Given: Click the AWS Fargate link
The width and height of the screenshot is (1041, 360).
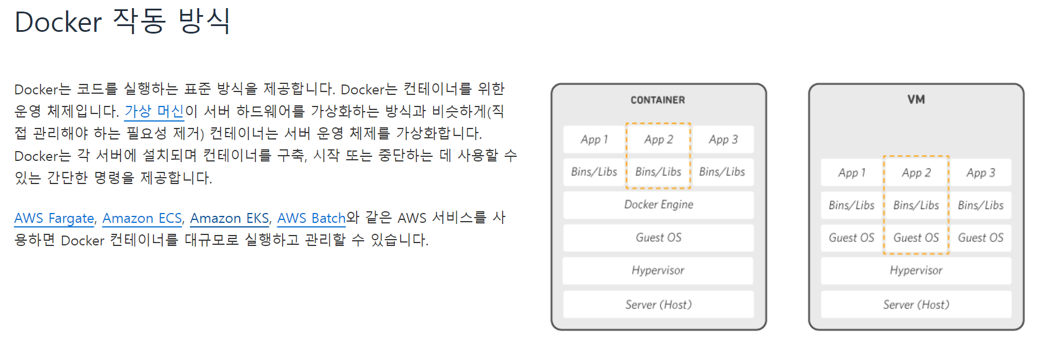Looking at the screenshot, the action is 54,218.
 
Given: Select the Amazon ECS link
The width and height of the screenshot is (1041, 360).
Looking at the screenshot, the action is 142,218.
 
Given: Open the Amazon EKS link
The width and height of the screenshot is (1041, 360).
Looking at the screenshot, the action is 229,218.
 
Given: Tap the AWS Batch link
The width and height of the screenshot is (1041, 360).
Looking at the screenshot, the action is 311,218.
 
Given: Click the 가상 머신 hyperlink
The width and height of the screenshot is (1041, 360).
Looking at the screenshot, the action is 154,111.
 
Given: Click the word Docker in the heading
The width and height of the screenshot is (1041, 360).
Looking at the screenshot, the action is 58,23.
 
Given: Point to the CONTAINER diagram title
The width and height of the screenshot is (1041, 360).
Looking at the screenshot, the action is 658,100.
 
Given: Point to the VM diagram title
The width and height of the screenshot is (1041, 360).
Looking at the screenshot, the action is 916,100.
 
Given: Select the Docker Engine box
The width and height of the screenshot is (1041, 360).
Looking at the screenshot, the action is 658,205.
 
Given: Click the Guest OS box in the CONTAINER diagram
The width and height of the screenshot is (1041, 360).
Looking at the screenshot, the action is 658,238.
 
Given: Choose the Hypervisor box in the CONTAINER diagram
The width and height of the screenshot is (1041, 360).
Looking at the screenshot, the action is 658,270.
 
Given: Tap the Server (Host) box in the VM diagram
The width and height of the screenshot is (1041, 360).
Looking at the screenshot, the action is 916,304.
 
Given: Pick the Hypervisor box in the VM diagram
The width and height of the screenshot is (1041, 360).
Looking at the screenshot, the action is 916,270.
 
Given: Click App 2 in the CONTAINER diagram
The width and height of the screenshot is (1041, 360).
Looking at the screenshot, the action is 658,139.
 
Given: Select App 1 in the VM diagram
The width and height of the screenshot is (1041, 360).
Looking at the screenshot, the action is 852,172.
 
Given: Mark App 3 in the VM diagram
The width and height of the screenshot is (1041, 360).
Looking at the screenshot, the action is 981,172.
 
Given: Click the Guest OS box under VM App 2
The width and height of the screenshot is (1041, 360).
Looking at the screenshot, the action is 916,238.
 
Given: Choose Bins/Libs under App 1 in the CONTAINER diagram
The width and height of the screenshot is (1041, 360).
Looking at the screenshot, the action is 594,172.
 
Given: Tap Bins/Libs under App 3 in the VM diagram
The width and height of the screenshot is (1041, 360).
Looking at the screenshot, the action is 981,205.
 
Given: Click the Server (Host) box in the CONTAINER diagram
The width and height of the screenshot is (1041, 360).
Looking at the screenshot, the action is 658,304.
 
